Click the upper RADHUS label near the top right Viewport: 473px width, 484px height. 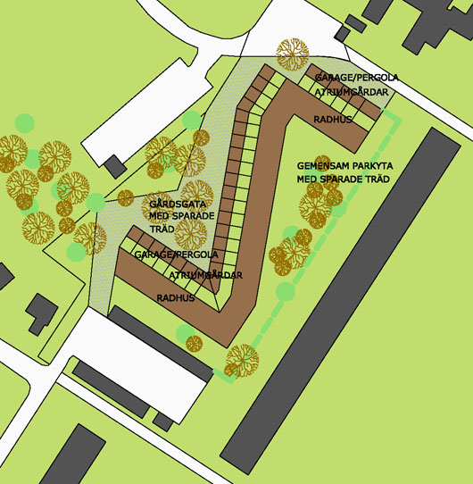pyautogui.click(x=334, y=119)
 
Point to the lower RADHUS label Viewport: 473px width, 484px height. pyautogui.click(x=176, y=298)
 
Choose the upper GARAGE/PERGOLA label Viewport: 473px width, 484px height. pyautogui.click(x=355, y=78)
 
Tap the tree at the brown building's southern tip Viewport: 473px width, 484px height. pyautogui.click(x=242, y=360)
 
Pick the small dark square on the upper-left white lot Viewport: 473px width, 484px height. pyautogui.click(x=114, y=166)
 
